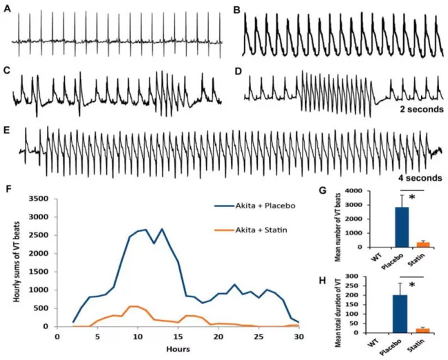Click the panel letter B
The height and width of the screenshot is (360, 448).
tap(237, 12)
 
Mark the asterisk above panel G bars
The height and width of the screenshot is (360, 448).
tap(412, 199)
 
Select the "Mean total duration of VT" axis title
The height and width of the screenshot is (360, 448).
tap(349, 304)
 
